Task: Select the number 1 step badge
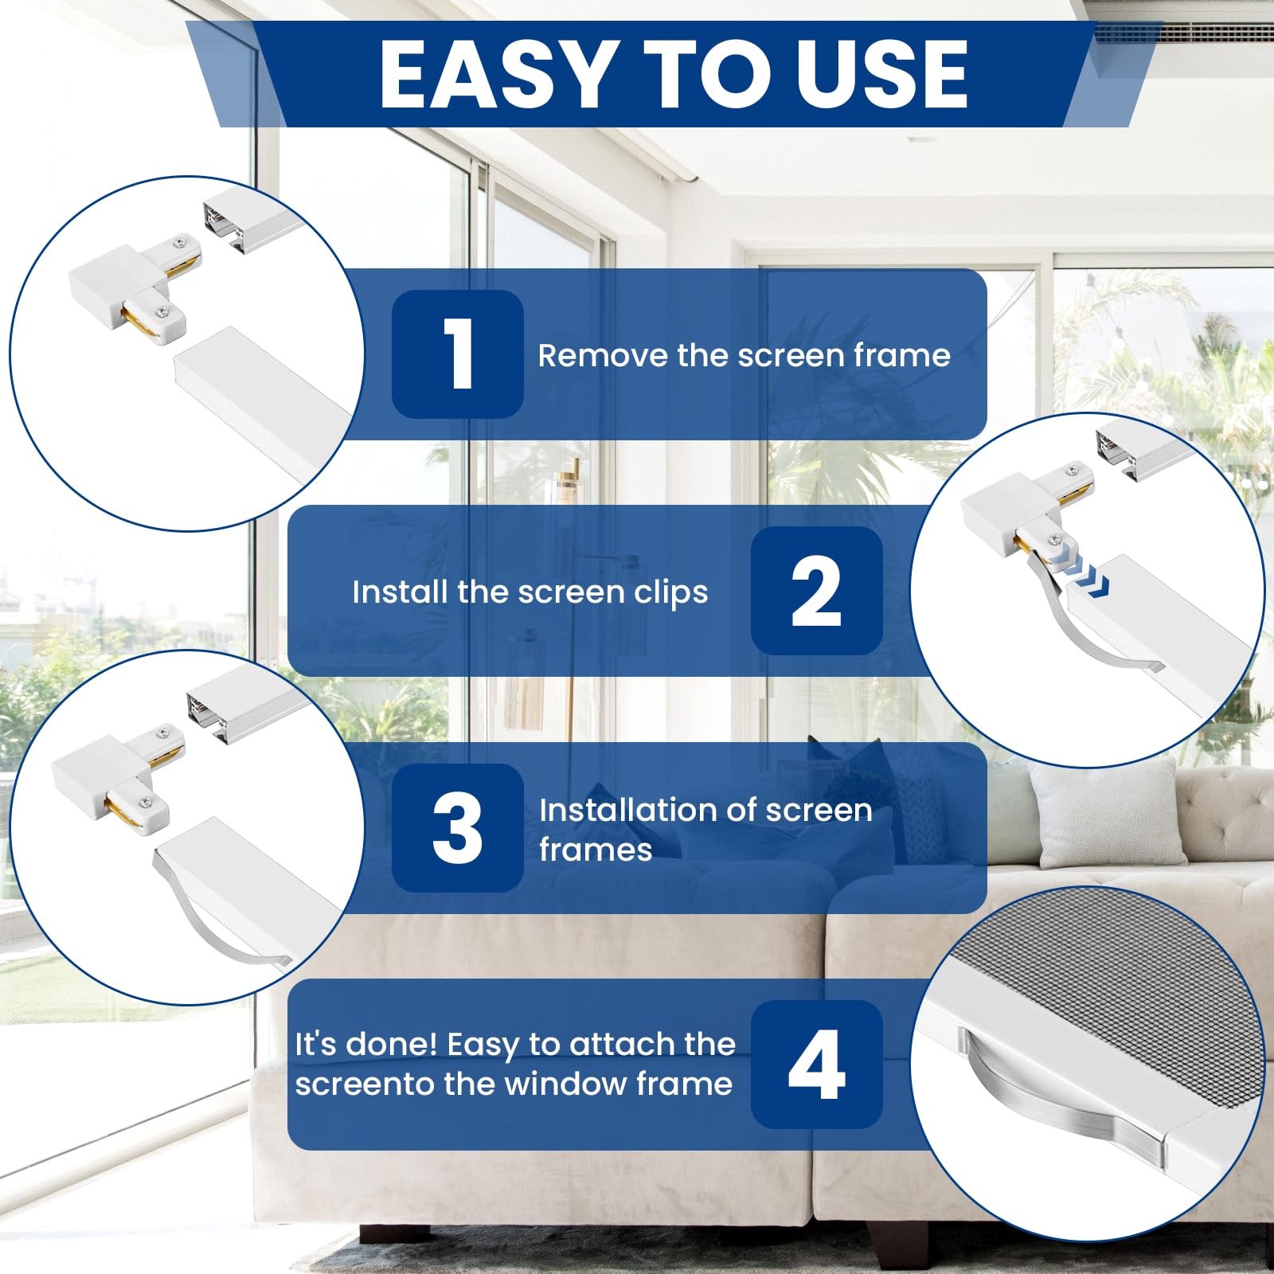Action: [x=457, y=354]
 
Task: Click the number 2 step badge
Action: [x=816, y=590]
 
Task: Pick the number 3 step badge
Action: [x=457, y=827]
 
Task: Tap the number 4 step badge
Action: [x=816, y=1064]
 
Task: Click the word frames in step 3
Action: [x=596, y=850]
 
